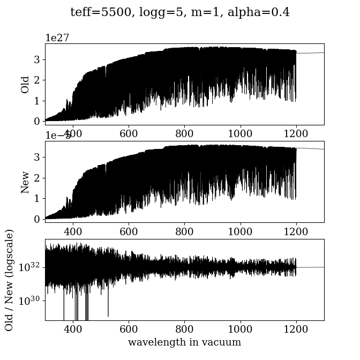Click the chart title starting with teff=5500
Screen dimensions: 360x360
point(180,12)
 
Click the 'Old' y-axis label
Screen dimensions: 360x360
point(25,84)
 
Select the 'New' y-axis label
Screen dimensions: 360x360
point(25,182)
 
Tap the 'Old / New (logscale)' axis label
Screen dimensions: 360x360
point(9,280)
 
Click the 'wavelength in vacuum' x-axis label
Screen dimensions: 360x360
point(184,342)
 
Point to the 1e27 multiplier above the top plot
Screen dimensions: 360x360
point(57,37)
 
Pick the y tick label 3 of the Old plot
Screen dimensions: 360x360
point(37,59)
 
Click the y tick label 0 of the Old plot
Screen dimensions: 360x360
point(37,121)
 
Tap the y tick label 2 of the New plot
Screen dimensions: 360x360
point(37,178)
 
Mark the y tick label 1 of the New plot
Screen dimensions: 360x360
point(37,198)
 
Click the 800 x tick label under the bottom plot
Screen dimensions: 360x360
point(184,329)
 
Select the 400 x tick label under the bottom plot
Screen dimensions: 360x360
point(73,329)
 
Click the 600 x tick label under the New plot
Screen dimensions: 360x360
point(129,231)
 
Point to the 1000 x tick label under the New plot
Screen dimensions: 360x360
point(240,231)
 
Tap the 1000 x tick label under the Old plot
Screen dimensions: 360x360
point(240,133)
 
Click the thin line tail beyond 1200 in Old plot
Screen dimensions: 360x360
point(311,53)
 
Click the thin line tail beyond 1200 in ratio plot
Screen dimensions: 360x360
point(311,267)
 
